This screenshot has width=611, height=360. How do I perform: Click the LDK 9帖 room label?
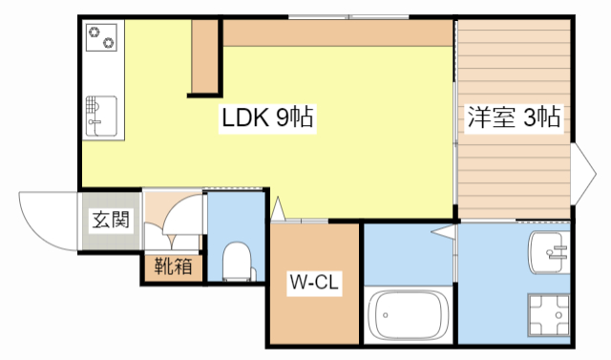tap(268, 118)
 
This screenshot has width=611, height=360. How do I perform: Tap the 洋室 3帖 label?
tap(513, 118)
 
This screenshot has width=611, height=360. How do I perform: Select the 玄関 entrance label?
tap(111, 222)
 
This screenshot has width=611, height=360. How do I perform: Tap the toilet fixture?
tap(234, 259)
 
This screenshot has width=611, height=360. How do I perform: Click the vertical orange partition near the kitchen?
tap(203, 57)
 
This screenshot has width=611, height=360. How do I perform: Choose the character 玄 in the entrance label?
tap(100, 222)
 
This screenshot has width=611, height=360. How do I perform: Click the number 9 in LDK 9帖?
tap(283, 118)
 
